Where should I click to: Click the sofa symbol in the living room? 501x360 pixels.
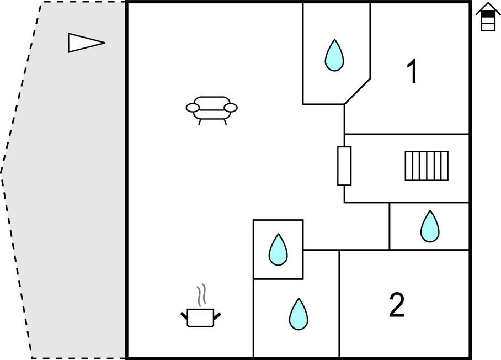pyautogui.click(x=211, y=109)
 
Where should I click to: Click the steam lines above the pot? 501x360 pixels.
pyautogui.click(x=202, y=295)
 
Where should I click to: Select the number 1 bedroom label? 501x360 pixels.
pyautogui.click(x=412, y=72)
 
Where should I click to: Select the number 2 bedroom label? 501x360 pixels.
pyautogui.click(x=397, y=305)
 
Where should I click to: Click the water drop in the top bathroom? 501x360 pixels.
pyautogui.click(x=334, y=55)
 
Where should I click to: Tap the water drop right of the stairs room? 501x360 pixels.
pyautogui.click(x=430, y=226)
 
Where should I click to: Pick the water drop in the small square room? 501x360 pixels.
pyautogui.click(x=278, y=250)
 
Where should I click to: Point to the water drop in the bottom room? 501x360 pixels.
pyautogui.click(x=299, y=314)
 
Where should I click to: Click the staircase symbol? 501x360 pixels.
pyautogui.click(x=427, y=166)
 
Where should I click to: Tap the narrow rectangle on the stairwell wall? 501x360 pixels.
pyautogui.click(x=344, y=166)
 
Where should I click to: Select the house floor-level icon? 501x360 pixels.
pyautogui.click(x=488, y=17)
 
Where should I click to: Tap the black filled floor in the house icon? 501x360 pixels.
pyautogui.click(x=488, y=15)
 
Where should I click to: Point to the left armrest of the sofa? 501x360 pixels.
pyautogui.click(x=193, y=108)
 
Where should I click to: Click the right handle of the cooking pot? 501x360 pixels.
pyautogui.click(x=217, y=316)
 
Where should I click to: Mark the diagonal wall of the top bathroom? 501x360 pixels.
pyautogui.click(x=357, y=91)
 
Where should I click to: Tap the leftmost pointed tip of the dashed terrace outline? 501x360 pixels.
pyautogui.click(x=2, y=173)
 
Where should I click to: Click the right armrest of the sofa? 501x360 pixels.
pyautogui.click(x=231, y=108)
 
